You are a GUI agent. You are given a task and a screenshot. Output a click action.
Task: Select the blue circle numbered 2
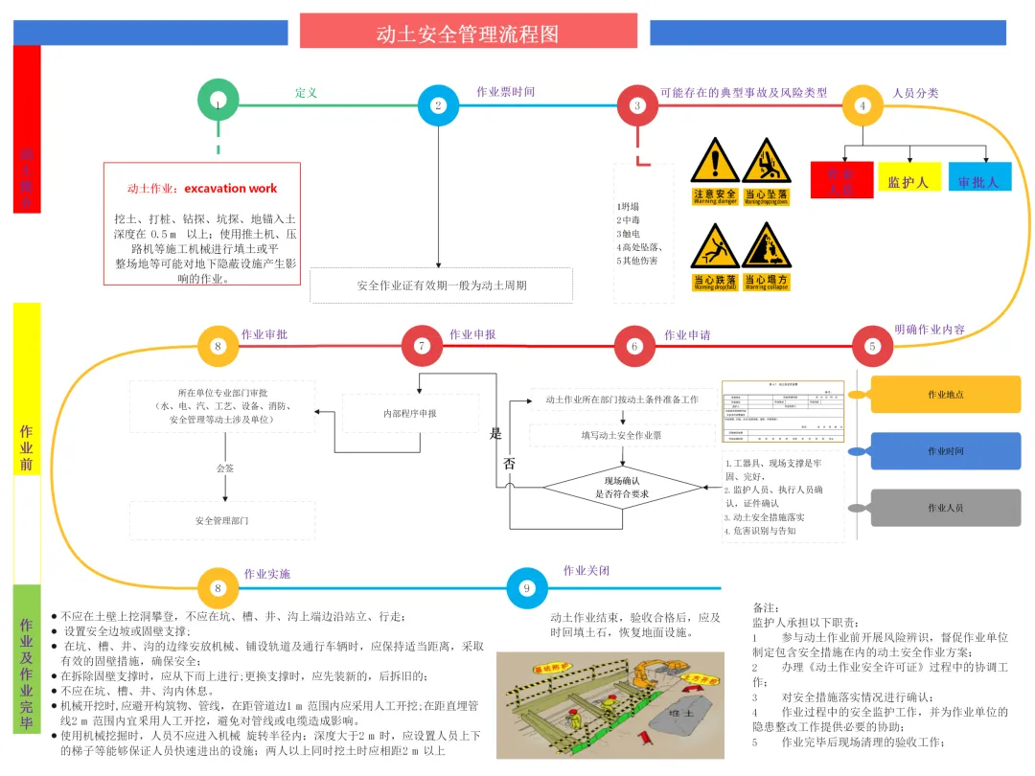439,105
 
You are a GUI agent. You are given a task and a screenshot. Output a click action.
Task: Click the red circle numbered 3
637,105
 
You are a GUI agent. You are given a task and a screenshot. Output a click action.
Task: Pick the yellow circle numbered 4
862,105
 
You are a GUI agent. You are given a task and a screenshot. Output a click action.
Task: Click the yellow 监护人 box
909,179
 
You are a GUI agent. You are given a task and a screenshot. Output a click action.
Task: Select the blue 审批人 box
978,179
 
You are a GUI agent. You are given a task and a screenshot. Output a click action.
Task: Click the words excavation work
231,189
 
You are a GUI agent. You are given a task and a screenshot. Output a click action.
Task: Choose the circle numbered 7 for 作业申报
421,346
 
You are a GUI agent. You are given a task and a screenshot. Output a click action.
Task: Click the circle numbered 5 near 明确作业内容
872,346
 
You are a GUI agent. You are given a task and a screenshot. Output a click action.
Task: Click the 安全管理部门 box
222,520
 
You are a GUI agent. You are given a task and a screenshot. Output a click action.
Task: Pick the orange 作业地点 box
944,395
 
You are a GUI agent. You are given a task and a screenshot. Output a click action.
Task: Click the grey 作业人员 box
944,508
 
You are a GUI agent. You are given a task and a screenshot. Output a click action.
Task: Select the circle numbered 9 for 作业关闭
526,588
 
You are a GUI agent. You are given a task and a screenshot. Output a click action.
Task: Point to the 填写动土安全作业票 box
621,435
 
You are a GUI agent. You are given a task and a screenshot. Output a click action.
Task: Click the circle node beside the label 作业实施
218,588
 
